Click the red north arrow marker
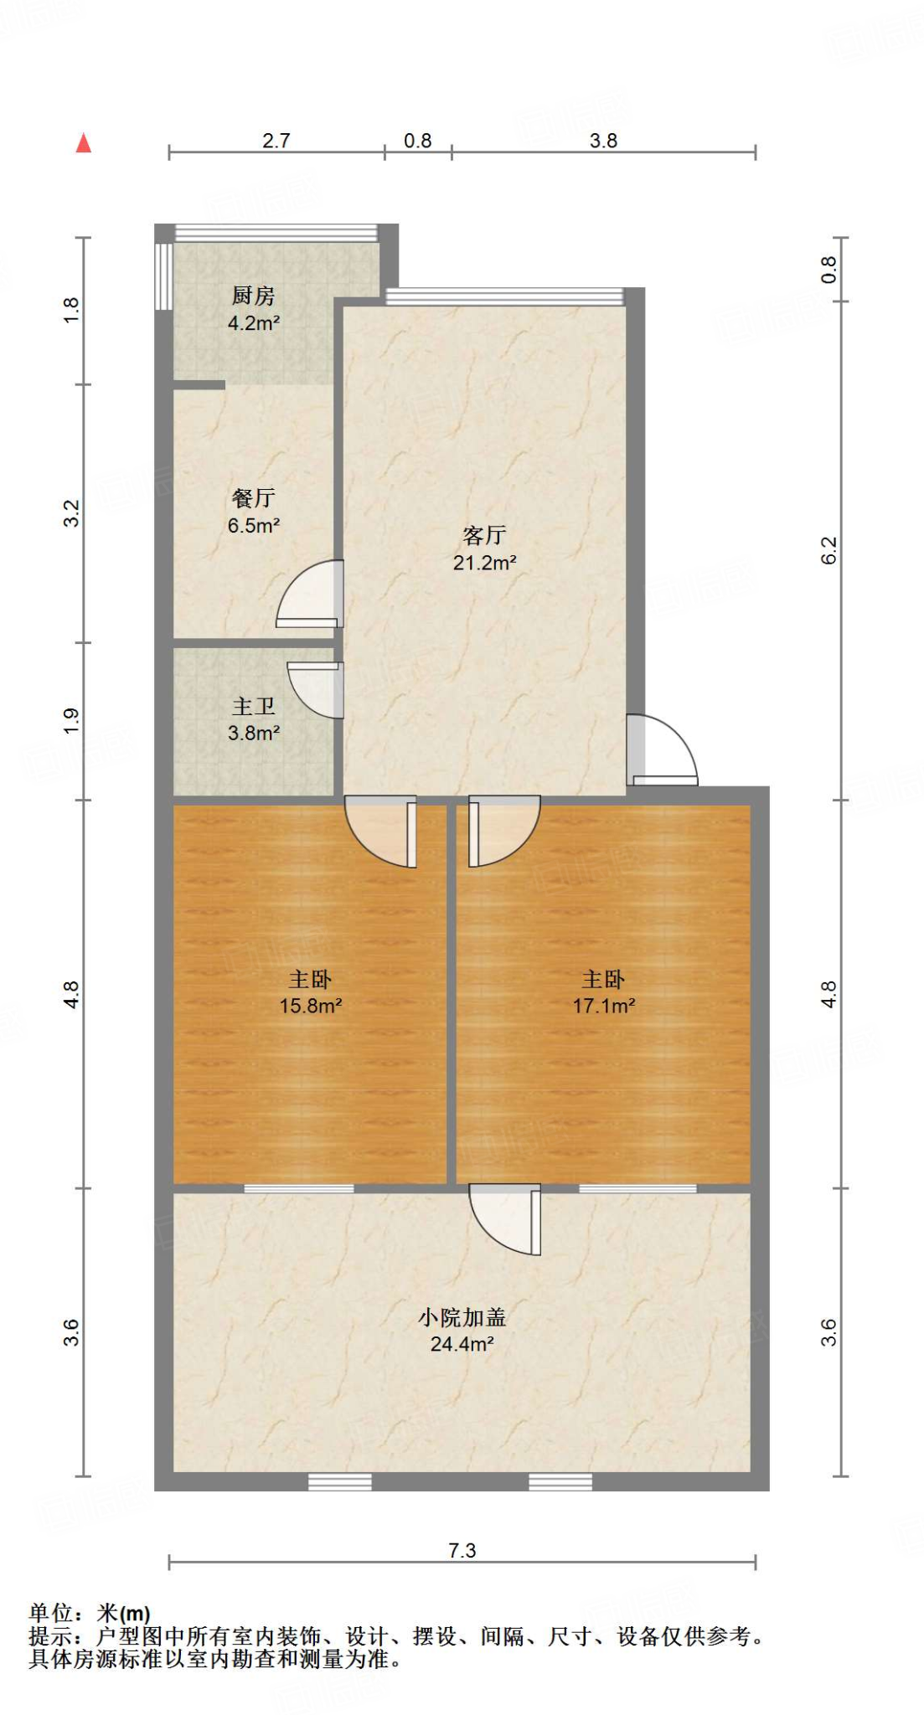point(83,143)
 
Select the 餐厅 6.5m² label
point(253,512)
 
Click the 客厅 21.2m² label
point(484,548)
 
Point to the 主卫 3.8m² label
point(253,719)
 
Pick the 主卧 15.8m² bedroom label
point(310,992)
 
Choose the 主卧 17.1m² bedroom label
point(603,992)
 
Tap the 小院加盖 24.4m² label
point(462,1331)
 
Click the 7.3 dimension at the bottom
point(462,1550)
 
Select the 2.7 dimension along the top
point(276,141)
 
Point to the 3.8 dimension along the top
point(603,141)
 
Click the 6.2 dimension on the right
point(828,550)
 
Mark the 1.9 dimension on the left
point(72,721)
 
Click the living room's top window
point(505,296)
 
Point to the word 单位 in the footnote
point(50,1613)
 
